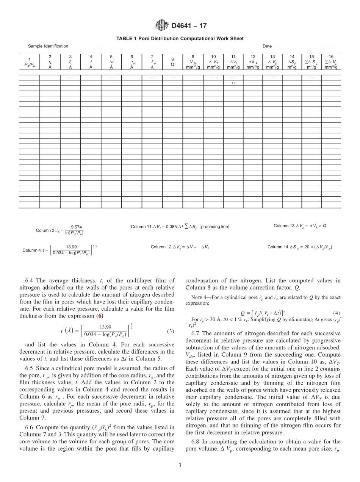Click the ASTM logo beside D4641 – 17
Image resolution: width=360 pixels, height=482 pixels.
pyautogui.click(x=162, y=26)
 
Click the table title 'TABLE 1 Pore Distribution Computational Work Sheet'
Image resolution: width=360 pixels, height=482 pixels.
pyautogui.click(x=180, y=38)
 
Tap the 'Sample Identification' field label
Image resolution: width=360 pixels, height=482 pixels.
pyautogui.click(x=48, y=46)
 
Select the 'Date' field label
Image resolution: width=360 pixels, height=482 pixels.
pyautogui.click(x=267, y=46)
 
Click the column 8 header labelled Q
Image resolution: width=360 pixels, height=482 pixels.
pyautogui.click(x=172, y=62)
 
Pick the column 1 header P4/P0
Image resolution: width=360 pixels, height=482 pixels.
pyautogui.click(x=30, y=62)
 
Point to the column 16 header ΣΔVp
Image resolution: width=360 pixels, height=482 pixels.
pyautogui.click(x=331, y=62)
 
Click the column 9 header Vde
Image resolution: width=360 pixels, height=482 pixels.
pyautogui.click(x=193, y=62)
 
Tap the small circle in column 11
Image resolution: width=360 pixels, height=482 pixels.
pyautogui.click(x=233, y=82)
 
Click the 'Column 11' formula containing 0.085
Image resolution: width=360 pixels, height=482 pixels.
pyautogui.click(x=180, y=227)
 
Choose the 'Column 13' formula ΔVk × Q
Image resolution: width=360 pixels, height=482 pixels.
pyautogui.click(x=300, y=226)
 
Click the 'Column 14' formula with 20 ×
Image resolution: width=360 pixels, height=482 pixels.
pyautogui.click(x=300, y=247)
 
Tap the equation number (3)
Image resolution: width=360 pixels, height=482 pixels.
pyautogui.click(x=170, y=331)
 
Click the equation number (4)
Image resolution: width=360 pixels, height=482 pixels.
pyautogui.click(x=336, y=313)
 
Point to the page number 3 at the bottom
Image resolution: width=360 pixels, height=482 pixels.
pyautogui.click(x=180, y=465)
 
